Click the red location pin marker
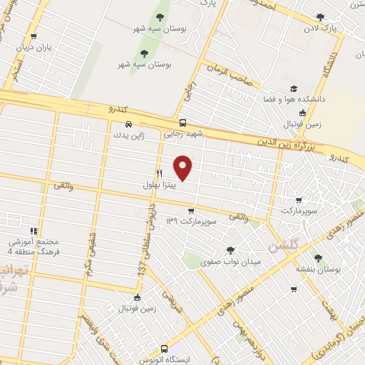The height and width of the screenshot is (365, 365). tap(184, 167)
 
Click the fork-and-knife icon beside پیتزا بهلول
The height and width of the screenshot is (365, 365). tap(159, 173)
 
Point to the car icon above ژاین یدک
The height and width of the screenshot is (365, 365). tap(128, 123)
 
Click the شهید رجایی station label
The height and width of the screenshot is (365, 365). tap(184, 133)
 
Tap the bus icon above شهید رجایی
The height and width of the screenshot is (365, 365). tap(183, 123)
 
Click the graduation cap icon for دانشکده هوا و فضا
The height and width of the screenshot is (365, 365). tap(293, 89)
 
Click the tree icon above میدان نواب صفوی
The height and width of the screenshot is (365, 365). tap(230, 250)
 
